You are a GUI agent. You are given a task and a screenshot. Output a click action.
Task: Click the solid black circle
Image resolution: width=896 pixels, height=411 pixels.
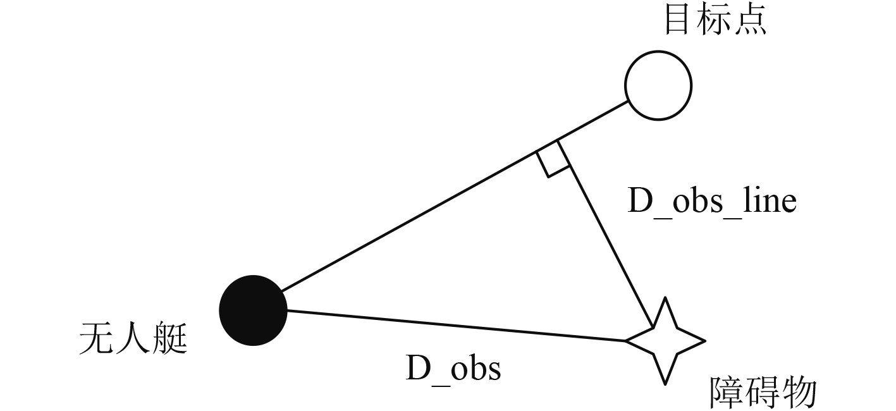coord(253,310)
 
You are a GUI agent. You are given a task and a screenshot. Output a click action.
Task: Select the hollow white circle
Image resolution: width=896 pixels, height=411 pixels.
coord(658,85)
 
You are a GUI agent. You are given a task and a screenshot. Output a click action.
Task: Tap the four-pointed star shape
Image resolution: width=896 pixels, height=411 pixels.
coord(664,341)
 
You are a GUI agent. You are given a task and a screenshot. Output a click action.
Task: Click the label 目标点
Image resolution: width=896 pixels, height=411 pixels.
coord(715,20)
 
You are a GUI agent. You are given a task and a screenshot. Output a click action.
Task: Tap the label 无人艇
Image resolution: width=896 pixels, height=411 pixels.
coord(133,340)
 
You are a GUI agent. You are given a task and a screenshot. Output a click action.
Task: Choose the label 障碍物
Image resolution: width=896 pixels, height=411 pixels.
coord(763,393)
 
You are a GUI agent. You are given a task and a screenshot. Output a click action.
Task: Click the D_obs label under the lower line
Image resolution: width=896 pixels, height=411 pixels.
coord(453,368)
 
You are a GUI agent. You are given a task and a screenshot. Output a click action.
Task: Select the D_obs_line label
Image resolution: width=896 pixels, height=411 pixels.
coord(711,202)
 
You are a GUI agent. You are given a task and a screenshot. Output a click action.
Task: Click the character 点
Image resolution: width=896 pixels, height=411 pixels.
coord(751,20)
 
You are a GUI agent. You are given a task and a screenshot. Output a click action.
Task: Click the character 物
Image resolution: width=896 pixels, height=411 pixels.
coord(799,393)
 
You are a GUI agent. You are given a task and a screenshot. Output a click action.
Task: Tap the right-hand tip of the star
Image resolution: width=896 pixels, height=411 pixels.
coord(703,341)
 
